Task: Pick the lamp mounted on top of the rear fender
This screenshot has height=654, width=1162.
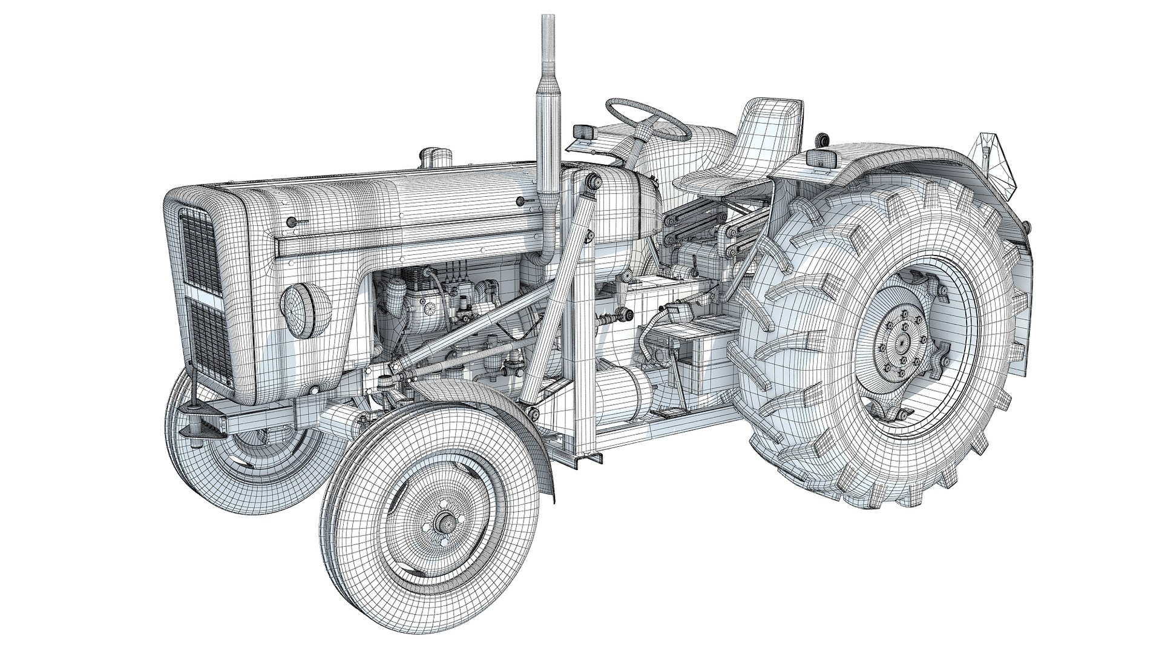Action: pos(822,159)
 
